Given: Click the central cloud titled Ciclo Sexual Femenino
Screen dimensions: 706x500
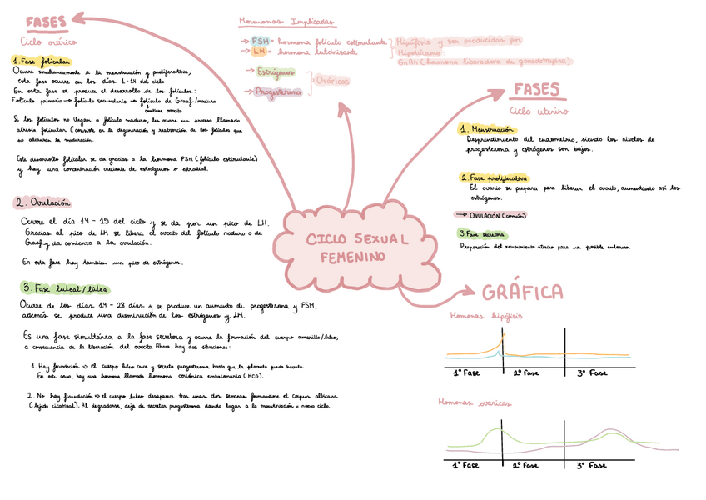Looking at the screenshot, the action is click(358, 247).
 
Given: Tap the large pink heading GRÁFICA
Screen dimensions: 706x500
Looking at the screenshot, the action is click(522, 292).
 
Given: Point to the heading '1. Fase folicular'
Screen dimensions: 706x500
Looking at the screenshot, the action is click(42, 61).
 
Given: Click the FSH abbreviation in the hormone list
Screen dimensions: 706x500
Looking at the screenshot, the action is click(261, 40).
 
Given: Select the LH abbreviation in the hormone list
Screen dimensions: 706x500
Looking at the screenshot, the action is click(259, 51).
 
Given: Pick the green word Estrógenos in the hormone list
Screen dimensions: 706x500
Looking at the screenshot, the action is click(275, 72).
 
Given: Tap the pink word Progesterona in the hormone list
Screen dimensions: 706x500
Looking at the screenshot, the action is click(278, 92).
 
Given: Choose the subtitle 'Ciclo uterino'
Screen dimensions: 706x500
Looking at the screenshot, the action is click(538, 111).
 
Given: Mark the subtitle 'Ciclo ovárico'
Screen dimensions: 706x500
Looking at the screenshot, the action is click(49, 40).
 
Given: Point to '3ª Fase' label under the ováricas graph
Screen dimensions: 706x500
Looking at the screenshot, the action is click(593, 466).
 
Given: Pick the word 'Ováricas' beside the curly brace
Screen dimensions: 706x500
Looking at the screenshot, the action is click(333, 81).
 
